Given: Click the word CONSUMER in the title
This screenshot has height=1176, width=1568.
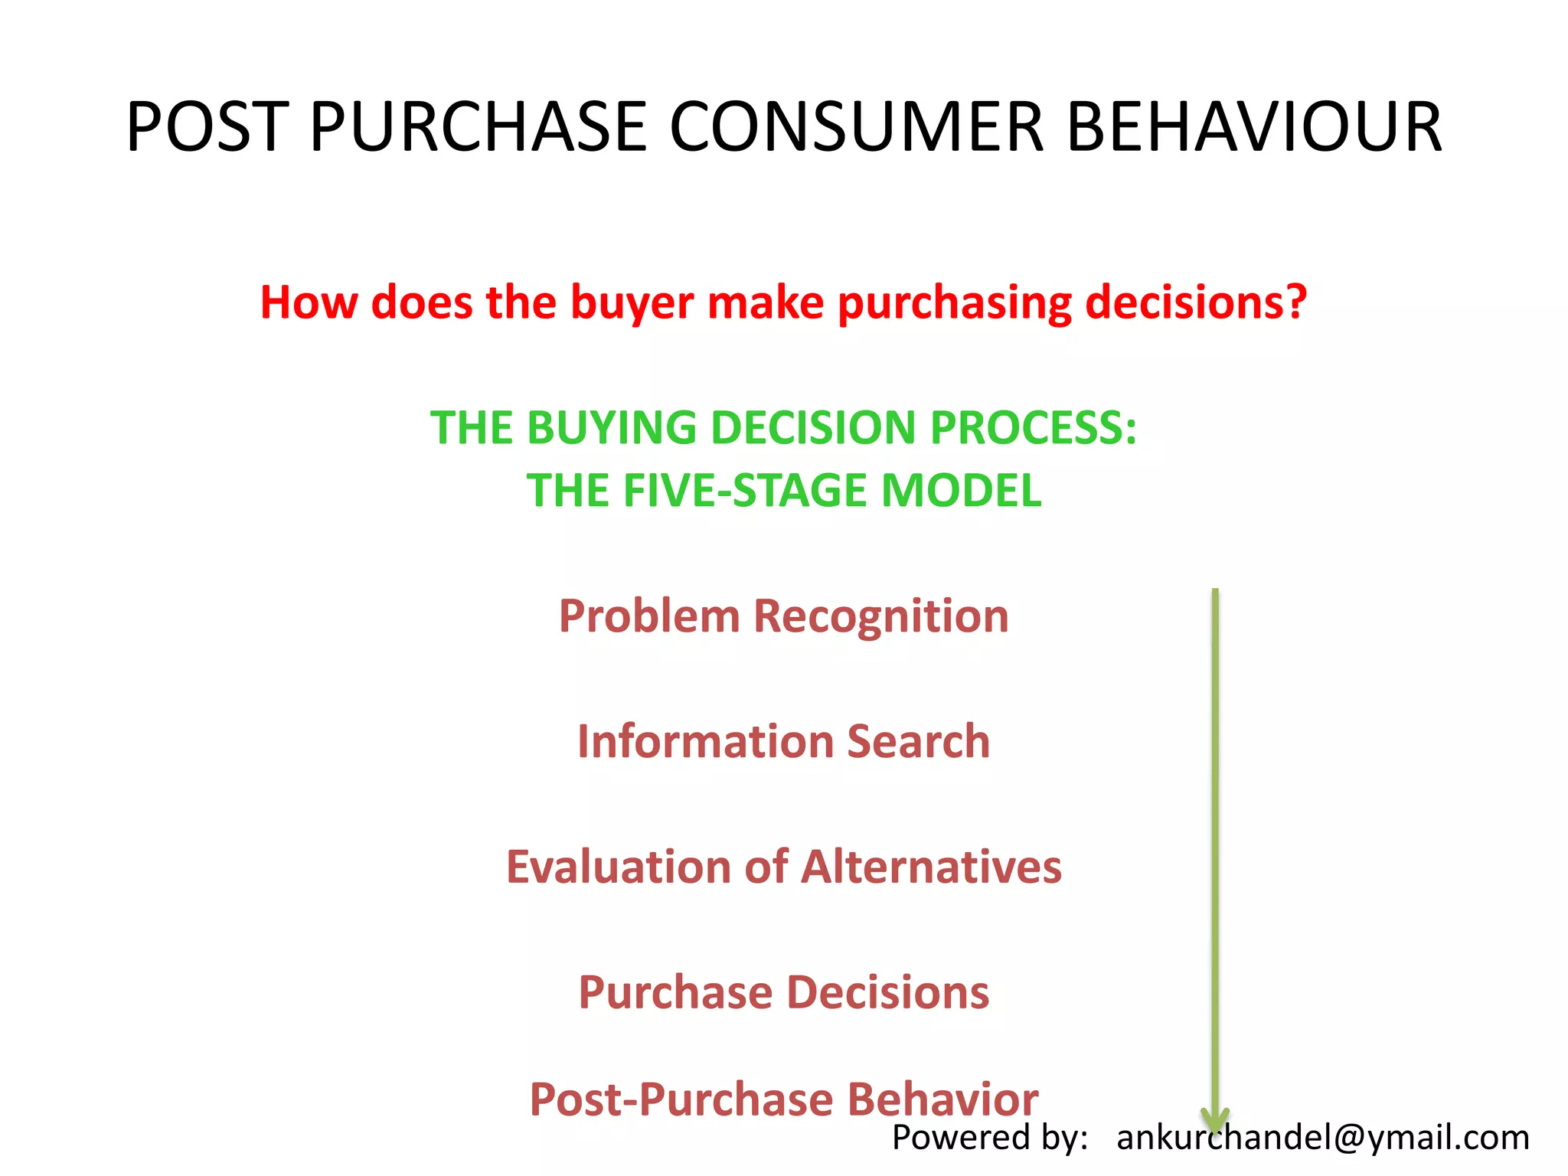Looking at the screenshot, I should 856,127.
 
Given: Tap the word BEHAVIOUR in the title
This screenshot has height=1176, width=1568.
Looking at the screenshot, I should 1254,127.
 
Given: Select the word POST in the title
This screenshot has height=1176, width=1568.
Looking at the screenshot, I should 207,127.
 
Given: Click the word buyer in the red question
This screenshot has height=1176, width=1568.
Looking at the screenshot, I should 632,303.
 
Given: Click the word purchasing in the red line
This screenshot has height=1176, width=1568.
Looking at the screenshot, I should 954,303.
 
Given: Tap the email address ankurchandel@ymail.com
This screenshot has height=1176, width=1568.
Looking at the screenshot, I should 1322,1138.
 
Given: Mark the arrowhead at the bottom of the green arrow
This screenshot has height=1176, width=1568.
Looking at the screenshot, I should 1215,1120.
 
